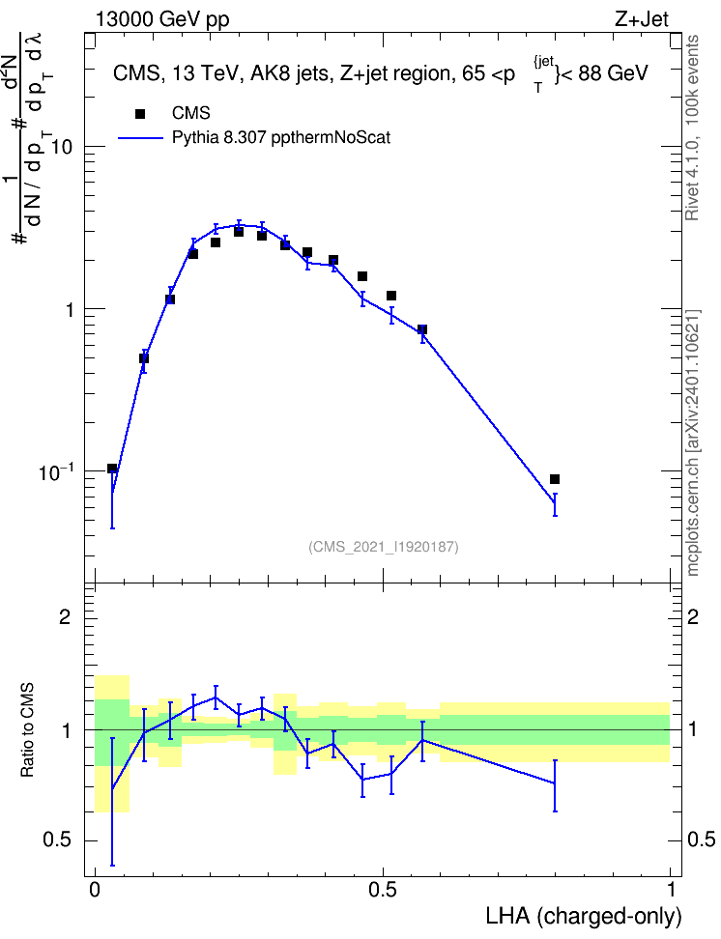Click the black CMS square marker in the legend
[x=139, y=113]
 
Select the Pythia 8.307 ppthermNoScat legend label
[x=281, y=138]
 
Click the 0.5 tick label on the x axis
[x=383, y=890]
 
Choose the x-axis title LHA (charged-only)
[x=583, y=916]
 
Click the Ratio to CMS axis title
[x=27, y=730]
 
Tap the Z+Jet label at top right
[x=642, y=19]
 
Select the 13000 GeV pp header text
[x=162, y=19]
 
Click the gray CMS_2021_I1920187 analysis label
[x=384, y=547]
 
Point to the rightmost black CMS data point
[x=555, y=479]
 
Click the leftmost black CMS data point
[x=112, y=469]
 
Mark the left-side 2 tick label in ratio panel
[x=65, y=616]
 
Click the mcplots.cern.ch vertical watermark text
[x=693, y=442]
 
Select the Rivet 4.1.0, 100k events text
[x=692, y=128]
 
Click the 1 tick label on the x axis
[x=671, y=890]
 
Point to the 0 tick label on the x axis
[x=95, y=890]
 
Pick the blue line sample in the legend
[x=140, y=138]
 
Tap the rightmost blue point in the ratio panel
[x=555, y=782]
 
